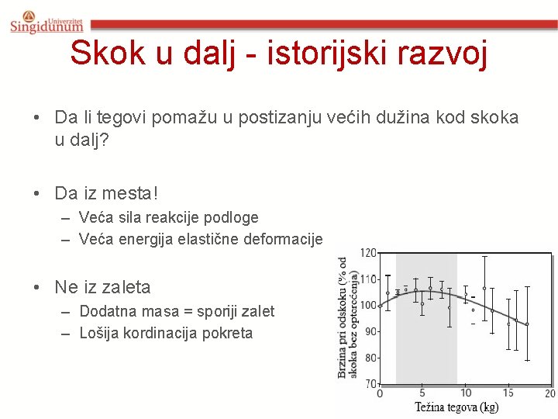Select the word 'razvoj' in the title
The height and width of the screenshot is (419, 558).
click(446, 54)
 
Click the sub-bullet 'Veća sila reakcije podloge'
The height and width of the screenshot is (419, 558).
click(168, 218)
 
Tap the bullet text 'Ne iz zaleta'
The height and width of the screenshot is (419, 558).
click(102, 287)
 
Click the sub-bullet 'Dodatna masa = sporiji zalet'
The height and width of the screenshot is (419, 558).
click(177, 311)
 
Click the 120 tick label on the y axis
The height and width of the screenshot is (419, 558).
click(369, 253)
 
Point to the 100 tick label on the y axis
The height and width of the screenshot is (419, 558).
click(369, 305)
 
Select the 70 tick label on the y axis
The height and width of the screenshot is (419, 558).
click(371, 384)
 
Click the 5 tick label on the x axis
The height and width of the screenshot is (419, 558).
click(422, 393)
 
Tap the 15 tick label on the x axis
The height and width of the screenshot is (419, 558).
click(508, 393)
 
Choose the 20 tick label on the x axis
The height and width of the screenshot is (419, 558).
click(550, 393)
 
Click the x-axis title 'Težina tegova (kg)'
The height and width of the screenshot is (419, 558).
click(456, 407)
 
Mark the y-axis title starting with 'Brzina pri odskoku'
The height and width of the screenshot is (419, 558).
click(348, 318)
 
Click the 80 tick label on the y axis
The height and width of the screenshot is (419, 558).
click(371, 358)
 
